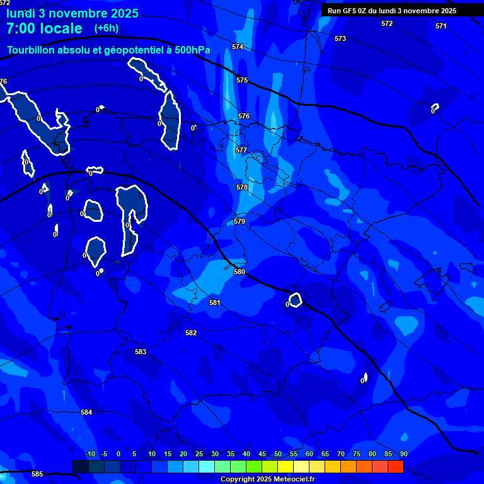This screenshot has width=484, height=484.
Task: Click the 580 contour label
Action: pos(239,272)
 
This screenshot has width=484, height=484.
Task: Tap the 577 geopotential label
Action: pos(241,151)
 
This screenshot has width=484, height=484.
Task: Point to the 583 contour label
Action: pos(141,352)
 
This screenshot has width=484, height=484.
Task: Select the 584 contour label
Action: pos(86,413)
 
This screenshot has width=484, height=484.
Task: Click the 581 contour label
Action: pos(215,303)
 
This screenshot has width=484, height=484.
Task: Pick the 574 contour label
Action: pos(238,47)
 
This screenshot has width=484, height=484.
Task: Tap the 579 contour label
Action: pos(239,222)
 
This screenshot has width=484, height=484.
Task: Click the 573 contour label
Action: pos(340,39)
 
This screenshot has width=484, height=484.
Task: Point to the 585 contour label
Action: pos(37,475)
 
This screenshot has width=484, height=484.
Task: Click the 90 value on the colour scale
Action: pos(403,454)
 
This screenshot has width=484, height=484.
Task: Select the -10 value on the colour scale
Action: pos(89,454)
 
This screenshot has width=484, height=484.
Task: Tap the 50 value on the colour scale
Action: pos(278,454)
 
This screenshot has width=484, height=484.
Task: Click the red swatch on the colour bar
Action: pos(396,467)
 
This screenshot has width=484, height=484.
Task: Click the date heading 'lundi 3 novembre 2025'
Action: pos(72,13)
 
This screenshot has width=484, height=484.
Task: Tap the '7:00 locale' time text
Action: pos(44,28)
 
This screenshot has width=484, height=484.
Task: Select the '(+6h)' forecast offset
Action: pos(107,28)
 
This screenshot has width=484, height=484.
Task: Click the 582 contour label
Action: pos(191,333)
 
